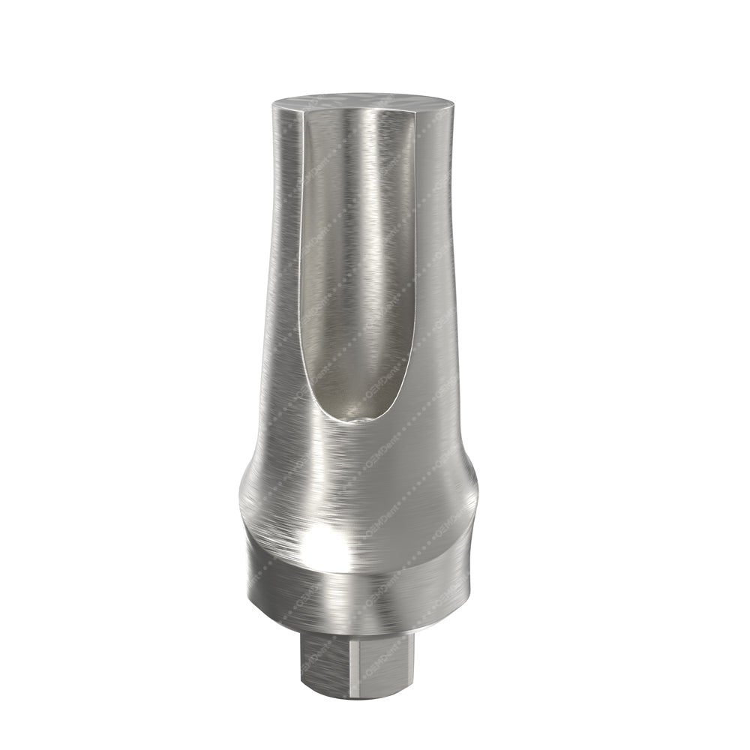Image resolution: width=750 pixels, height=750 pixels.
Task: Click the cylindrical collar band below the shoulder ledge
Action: [x=360, y=604]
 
